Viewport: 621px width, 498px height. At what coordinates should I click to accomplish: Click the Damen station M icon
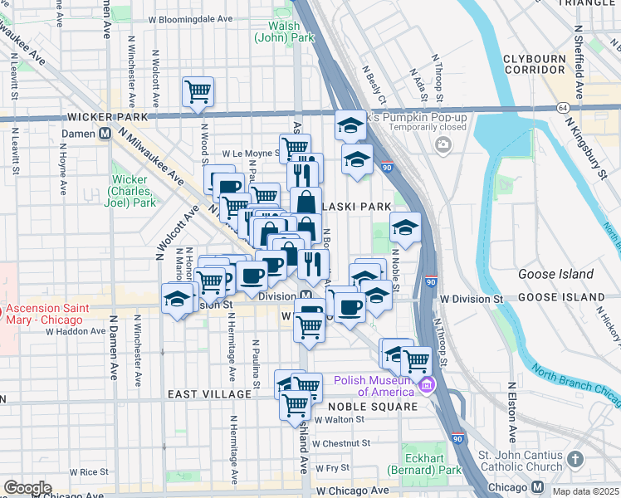105,133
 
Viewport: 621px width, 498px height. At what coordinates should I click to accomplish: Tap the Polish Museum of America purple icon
427,384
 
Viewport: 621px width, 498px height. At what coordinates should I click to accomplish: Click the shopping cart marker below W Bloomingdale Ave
198,91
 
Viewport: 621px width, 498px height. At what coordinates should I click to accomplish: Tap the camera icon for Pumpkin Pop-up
443,146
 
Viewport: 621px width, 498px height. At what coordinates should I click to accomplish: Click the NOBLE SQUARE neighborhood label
372,407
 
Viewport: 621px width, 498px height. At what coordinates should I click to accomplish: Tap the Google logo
27,488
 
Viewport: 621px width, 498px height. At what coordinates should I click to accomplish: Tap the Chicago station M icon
538,487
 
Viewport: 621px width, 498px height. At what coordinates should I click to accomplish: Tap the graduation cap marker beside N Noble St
404,227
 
